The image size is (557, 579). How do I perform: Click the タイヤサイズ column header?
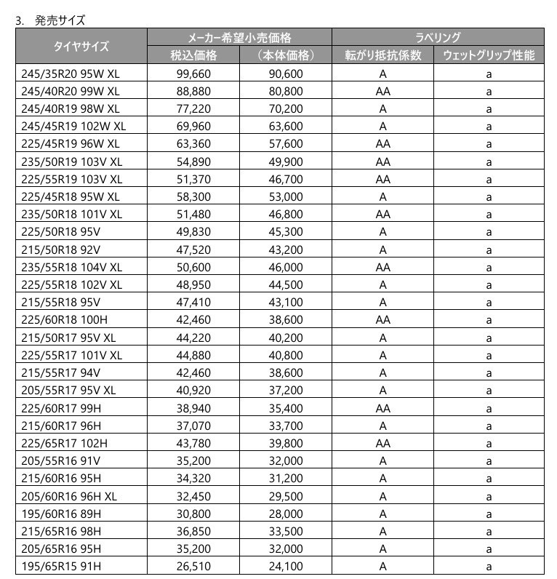pos(81,46)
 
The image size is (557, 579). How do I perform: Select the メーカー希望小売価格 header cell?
pos(239,37)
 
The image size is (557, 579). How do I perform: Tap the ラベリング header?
pos(438,37)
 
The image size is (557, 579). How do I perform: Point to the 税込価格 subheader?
pos(193,55)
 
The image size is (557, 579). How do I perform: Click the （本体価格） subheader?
pos(285,55)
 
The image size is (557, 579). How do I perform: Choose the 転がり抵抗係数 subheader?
pos(382,55)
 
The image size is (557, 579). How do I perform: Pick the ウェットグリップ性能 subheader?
pos(489,55)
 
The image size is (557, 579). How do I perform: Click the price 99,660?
pos(193,73)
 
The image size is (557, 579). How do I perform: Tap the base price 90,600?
pos(285,73)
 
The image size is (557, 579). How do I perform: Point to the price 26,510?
pos(193,566)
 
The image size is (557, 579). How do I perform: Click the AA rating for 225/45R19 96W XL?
pos(382,144)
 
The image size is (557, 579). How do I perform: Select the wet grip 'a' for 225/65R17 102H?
pos(489,443)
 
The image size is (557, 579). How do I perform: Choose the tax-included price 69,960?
pos(193,127)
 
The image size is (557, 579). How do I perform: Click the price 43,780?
pos(193,443)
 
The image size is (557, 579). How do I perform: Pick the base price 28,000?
pos(285,514)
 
